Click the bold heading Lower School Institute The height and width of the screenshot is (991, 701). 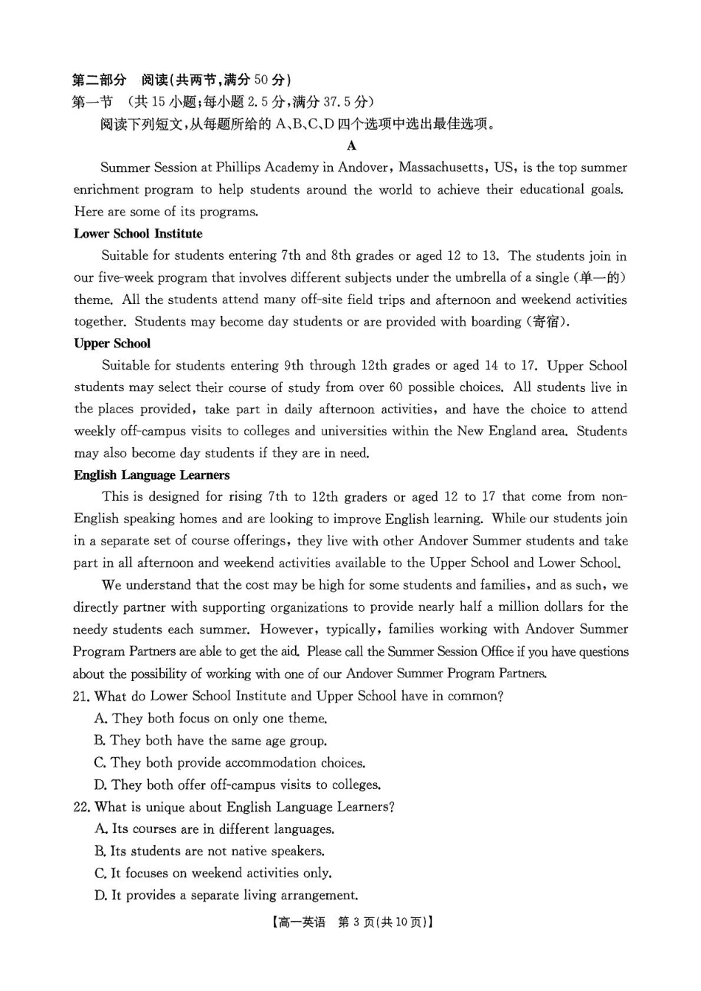(x=138, y=234)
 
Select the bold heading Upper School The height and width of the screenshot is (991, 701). (x=112, y=344)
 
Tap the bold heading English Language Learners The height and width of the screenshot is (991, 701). (x=151, y=475)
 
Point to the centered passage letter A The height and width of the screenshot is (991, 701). (x=351, y=146)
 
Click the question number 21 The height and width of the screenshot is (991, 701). (x=81, y=697)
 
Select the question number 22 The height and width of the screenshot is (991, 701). (x=81, y=807)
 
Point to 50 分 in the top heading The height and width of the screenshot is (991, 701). (x=270, y=80)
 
